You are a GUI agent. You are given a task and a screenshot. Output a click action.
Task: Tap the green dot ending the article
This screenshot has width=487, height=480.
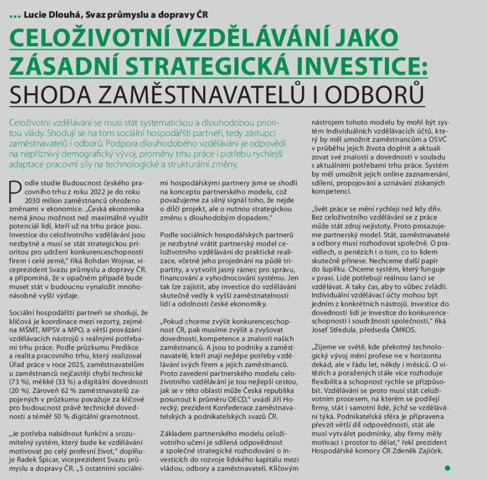pyautogui.click(x=447, y=468)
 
